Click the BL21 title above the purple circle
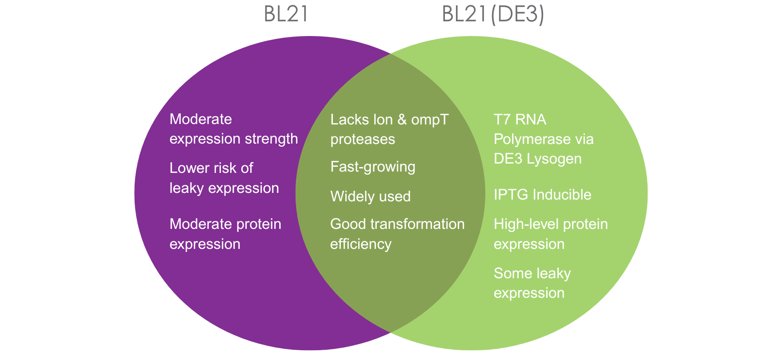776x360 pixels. coord(286,14)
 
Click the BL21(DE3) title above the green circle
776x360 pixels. coord(492,14)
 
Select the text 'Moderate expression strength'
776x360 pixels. coord(233,129)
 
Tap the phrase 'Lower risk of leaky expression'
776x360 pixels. coord(224,178)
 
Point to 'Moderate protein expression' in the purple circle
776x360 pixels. coord(225,234)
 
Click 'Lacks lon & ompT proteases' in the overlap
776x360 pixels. coord(389,129)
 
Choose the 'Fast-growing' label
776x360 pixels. coord(372,167)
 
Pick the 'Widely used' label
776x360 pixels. coord(370,196)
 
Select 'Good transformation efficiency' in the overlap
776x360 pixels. coord(397,234)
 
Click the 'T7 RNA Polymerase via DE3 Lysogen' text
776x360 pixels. coord(543,139)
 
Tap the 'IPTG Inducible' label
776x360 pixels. coord(542,195)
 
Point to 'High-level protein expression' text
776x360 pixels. coord(550,234)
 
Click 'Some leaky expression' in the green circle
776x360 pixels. coord(532,283)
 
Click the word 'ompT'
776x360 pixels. coord(430,120)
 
